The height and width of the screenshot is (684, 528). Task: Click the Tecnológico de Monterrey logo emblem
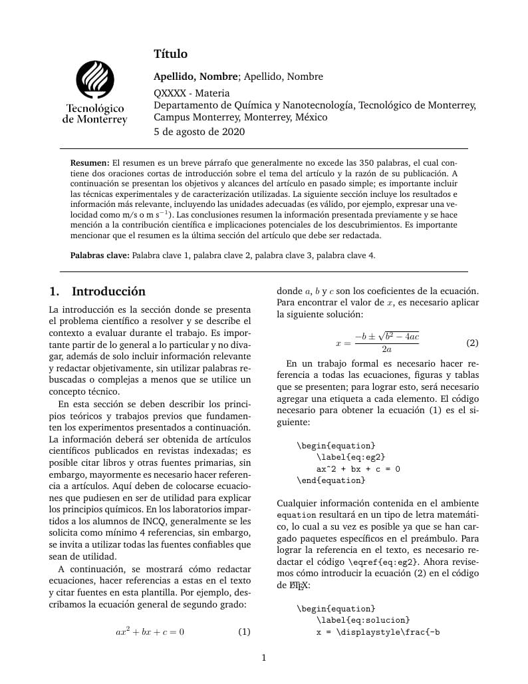[95, 79]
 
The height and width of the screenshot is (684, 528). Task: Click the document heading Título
[171, 54]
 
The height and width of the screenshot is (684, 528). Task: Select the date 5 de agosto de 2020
[199, 132]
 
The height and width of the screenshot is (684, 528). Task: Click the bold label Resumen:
[90, 163]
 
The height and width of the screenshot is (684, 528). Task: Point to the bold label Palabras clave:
[100, 255]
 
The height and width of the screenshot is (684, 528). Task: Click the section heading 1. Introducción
[97, 291]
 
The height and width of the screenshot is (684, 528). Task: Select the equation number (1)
[244, 631]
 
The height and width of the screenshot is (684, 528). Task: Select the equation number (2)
[472, 343]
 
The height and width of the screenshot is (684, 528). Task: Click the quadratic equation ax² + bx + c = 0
[150, 631]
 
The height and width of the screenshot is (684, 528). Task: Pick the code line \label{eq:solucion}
[363, 620]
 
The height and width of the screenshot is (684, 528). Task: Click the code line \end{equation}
[330, 480]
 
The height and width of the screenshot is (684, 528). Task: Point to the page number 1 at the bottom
[264, 658]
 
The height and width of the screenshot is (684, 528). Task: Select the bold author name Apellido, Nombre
[196, 77]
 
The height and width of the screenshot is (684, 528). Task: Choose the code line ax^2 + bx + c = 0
[358, 468]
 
